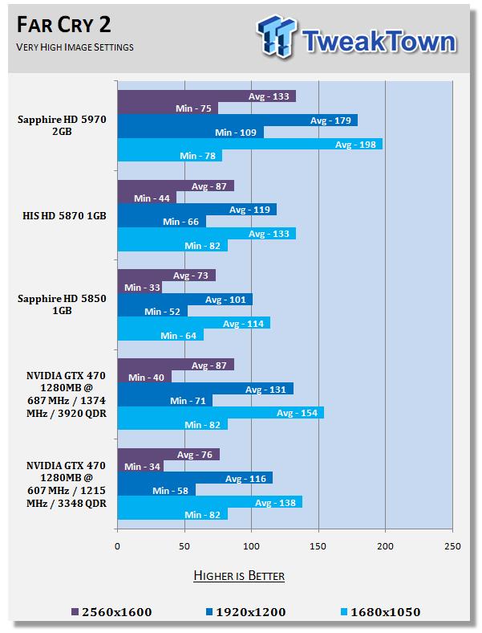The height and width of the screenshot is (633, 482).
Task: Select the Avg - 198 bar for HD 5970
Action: (x=249, y=144)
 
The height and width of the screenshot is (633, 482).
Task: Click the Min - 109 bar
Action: (x=190, y=132)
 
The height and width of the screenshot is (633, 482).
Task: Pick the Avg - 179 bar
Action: (x=237, y=120)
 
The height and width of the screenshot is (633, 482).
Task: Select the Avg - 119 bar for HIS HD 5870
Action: (x=196, y=210)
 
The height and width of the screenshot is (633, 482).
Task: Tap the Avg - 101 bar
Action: (x=184, y=300)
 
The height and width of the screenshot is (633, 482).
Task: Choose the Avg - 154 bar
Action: (x=221, y=412)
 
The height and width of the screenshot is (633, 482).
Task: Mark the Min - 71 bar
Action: (x=164, y=400)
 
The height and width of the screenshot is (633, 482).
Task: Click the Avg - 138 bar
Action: (x=209, y=502)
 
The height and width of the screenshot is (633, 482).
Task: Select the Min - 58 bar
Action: (x=156, y=489)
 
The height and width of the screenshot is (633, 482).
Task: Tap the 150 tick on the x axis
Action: (x=318, y=547)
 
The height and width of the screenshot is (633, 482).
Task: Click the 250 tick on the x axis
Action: (x=452, y=547)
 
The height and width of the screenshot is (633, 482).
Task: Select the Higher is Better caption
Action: (x=239, y=575)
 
